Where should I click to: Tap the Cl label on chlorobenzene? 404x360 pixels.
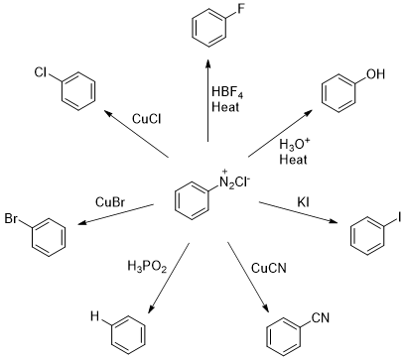(x=42, y=71)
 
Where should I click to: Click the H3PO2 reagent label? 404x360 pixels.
(x=147, y=266)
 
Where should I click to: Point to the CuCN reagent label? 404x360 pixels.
(x=270, y=266)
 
